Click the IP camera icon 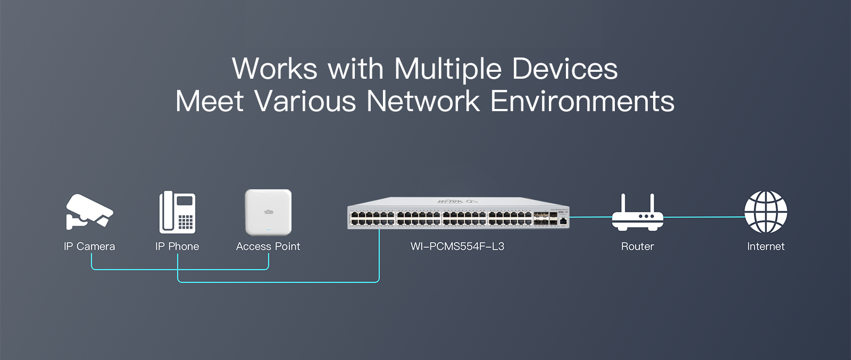click(x=89, y=212)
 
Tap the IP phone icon click(x=177, y=212)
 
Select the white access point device click(x=268, y=212)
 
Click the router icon click(x=637, y=213)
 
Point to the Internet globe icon click(x=765, y=212)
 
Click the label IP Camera click(x=89, y=246)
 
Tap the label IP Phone click(x=177, y=246)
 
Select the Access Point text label click(x=268, y=246)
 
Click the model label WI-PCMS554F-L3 click(x=457, y=246)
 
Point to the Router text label click(x=637, y=246)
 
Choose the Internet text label click(x=765, y=246)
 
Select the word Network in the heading click(x=423, y=101)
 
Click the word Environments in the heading click(x=582, y=101)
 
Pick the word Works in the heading click(x=274, y=69)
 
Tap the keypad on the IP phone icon click(x=186, y=222)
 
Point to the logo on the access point click(x=268, y=212)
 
